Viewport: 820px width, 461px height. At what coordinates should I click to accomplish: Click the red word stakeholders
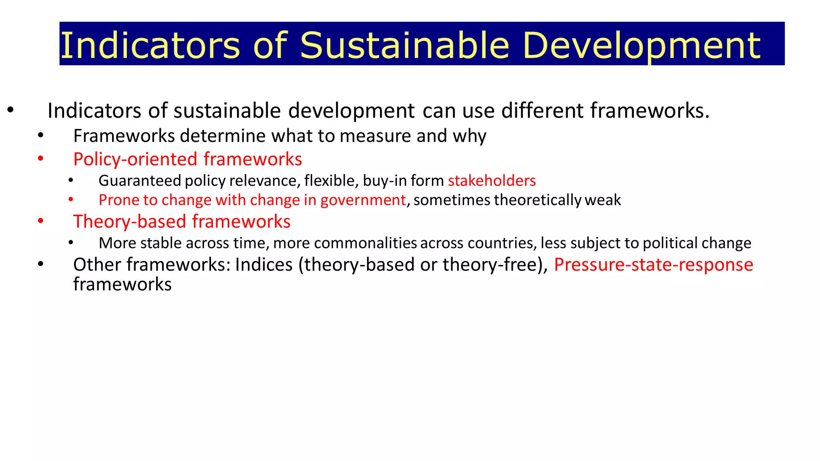point(492,181)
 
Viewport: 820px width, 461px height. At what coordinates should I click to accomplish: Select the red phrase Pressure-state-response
point(653,265)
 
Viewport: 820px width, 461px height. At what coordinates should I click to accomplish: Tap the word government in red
point(363,200)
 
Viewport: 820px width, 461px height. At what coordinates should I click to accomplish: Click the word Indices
point(264,265)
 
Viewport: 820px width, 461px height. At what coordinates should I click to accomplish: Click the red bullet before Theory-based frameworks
point(40,221)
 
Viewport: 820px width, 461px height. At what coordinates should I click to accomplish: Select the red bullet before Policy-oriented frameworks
point(40,159)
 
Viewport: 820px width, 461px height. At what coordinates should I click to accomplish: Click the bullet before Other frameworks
point(40,265)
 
